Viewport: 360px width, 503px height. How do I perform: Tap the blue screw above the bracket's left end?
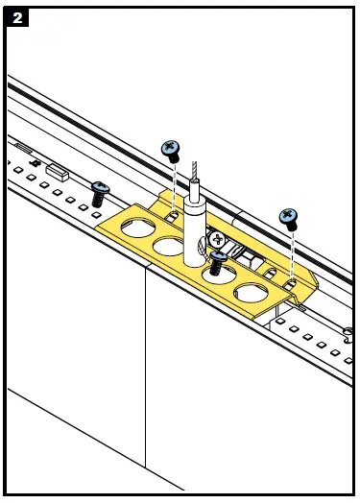(171, 149)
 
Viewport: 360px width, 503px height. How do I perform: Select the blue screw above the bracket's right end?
(289, 217)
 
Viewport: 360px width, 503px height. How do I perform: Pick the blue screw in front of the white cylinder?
(220, 259)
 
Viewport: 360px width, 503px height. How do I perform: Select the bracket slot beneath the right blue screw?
(289, 279)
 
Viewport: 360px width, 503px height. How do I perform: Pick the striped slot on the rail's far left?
(20, 149)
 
